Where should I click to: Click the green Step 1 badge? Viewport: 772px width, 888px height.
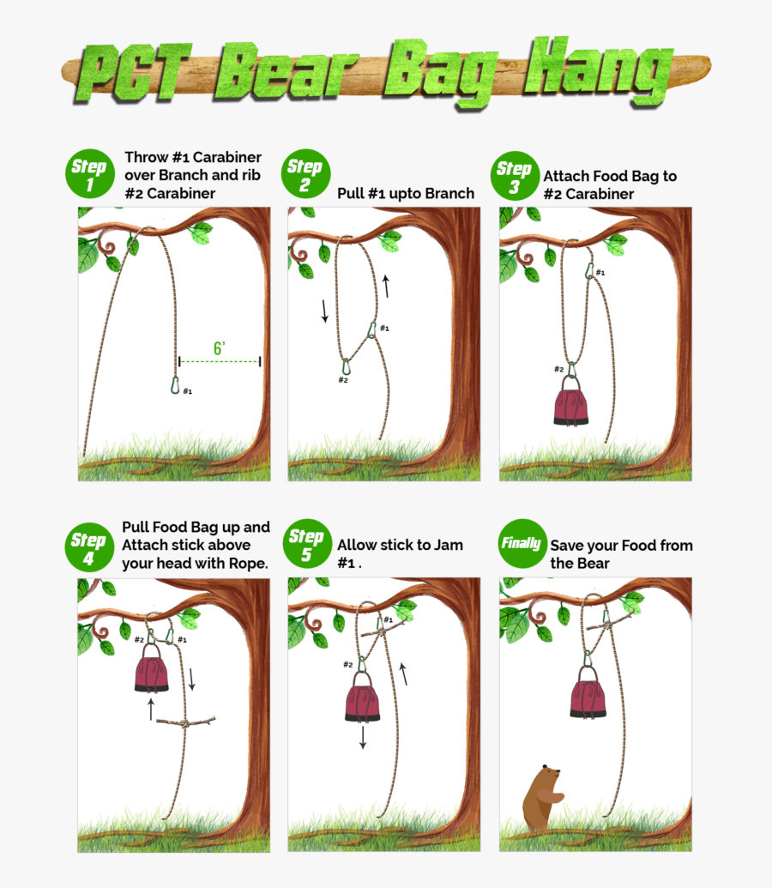pyautogui.click(x=89, y=174)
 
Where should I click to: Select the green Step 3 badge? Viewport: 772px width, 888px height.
pyautogui.click(x=514, y=176)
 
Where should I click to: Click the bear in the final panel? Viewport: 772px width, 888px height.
pyautogui.click(x=540, y=797)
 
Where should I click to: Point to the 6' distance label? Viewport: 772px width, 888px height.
pyautogui.click(x=220, y=348)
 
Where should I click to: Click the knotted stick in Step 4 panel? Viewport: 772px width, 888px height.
pyautogui.click(x=184, y=723)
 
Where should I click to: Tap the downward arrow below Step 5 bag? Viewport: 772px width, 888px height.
pyautogui.click(x=363, y=737)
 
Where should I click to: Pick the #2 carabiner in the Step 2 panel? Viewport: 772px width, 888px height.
pyautogui.click(x=345, y=367)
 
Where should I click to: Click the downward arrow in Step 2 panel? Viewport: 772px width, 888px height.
pyautogui.click(x=325, y=310)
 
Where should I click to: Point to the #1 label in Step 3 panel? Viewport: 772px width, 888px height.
pyautogui.click(x=600, y=273)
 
